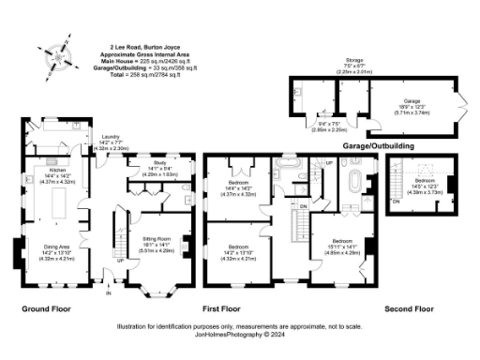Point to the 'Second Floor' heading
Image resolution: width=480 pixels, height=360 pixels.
410,307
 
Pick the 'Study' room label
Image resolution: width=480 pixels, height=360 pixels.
158,163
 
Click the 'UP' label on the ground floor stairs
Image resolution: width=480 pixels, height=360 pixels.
119,261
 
